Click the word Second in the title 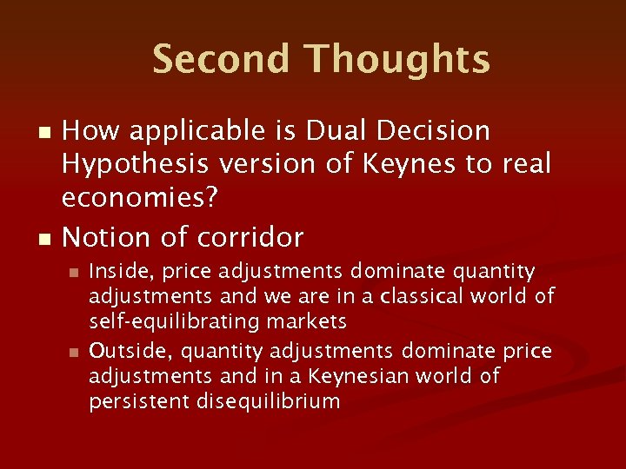click(x=222, y=59)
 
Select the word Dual click(x=326, y=131)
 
